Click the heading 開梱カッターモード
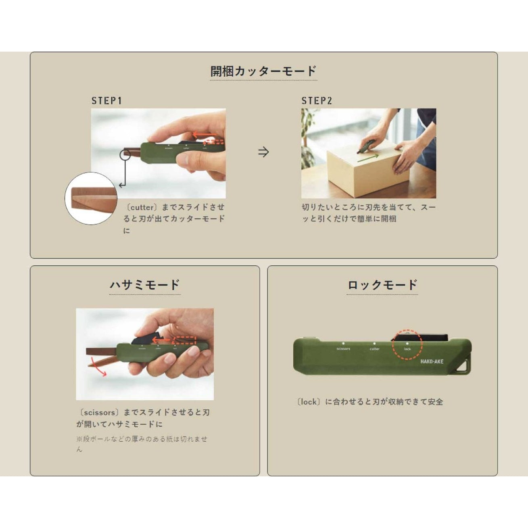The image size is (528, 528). pyautogui.click(x=263, y=71)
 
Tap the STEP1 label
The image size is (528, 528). pyautogui.click(x=106, y=100)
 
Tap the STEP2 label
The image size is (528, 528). pyautogui.click(x=317, y=100)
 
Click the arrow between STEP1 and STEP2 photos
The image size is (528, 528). pyautogui.click(x=263, y=152)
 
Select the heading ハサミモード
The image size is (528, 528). pyautogui.click(x=144, y=285)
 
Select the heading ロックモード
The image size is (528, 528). pyautogui.click(x=382, y=285)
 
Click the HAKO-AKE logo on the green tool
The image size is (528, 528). pyautogui.click(x=432, y=361)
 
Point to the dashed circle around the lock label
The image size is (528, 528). pyautogui.click(x=407, y=344)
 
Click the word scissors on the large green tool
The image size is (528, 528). pyautogui.click(x=343, y=349)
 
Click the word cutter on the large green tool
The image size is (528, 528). pyautogui.click(x=375, y=349)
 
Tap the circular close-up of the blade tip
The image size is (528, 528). pyautogui.click(x=91, y=198)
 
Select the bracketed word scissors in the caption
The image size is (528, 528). pyautogui.click(x=99, y=413)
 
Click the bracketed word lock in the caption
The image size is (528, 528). pyautogui.click(x=309, y=402)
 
